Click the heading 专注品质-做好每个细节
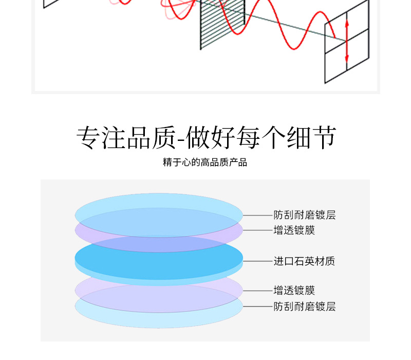pyautogui.click(x=206, y=137)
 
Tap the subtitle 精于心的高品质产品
pyautogui.click(x=205, y=163)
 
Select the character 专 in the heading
pyautogui.click(x=88, y=137)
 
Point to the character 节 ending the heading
pyautogui.click(x=324, y=137)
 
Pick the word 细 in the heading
pyautogui.click(x=298, y=137)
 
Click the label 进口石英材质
pyautogui.click(x=304, y=261)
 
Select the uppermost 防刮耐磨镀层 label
pyautogui.click(x=304, y=215)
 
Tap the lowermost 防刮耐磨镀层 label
pyautogui.click(x=304, y=307)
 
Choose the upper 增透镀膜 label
pyautogui.click(x=294, y=230)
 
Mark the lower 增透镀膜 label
pyautogui.click(x=294, y=291)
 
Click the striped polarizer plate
pyautogui.click(x=222, y=23)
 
